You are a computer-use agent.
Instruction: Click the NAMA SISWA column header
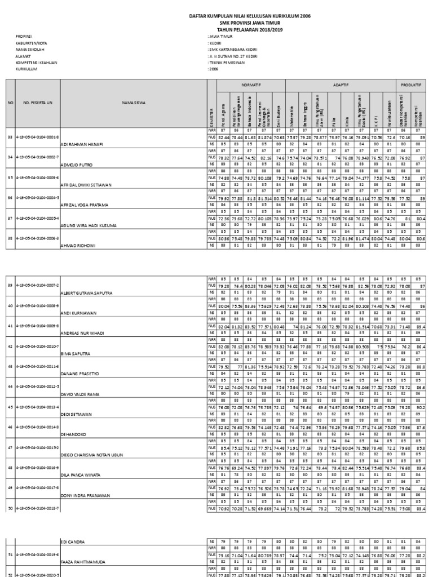[133, 103]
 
